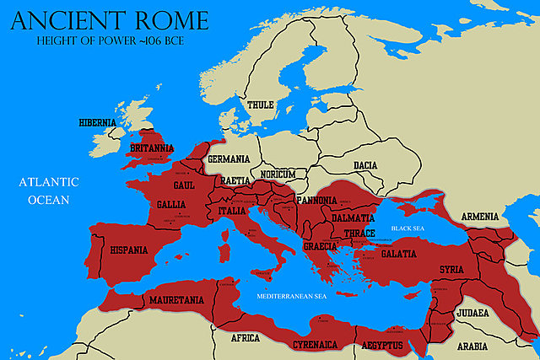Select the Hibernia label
point(98,123)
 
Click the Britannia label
point(152,148)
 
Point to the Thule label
point(261,105)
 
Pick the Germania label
point(229,160)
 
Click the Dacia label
point(365,166)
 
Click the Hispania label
point(128,250)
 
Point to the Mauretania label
point(175,300)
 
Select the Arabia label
point(473,346)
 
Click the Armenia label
point(479,217)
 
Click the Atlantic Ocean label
point(47,191)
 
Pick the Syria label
point(451,269)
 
